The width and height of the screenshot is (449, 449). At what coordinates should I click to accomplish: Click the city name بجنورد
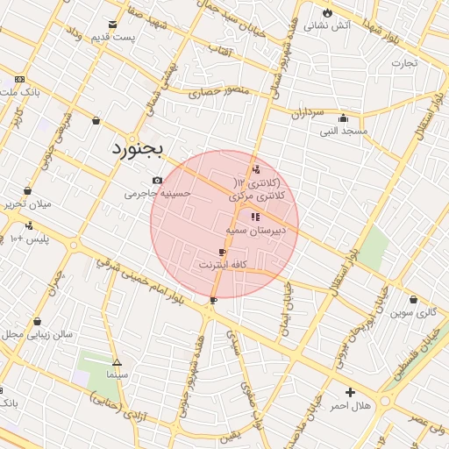(139, 148)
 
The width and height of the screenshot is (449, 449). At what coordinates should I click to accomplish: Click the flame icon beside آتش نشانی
(327, 12)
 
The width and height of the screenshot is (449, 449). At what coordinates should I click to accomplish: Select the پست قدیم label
(116, 37)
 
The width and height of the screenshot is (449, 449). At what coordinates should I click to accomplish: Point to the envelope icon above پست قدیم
(111, 24)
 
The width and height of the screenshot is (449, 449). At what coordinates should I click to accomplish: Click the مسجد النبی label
(342, 132)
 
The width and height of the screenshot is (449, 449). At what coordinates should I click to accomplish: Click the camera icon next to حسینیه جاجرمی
(157, 181)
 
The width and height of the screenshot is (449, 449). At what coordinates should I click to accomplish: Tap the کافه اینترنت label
(226, 264)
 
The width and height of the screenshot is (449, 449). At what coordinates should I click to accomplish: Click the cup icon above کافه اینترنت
(222, 252)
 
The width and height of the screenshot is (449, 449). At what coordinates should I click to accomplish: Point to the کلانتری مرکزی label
(264, 198)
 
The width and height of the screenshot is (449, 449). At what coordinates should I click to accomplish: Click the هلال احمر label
(351, 405)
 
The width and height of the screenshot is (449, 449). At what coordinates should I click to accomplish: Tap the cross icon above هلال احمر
(351, 392)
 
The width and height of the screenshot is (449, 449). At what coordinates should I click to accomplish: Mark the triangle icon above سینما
(117, 361)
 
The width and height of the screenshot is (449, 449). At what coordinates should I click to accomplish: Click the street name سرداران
(308, 114)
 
